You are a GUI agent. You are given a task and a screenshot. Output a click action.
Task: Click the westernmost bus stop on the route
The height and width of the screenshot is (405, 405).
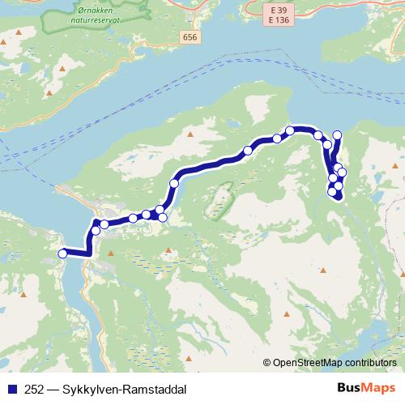62,254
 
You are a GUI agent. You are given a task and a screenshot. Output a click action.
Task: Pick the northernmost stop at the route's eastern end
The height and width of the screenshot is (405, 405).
338,134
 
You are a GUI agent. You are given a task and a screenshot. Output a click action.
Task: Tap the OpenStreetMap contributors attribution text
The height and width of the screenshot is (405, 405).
335,363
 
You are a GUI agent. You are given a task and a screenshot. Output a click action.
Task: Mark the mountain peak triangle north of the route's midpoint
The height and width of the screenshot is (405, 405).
190,134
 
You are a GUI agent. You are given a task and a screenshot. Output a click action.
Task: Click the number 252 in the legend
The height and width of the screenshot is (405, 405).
36,389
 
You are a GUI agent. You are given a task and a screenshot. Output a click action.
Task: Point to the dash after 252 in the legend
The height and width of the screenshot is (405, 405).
53,389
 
